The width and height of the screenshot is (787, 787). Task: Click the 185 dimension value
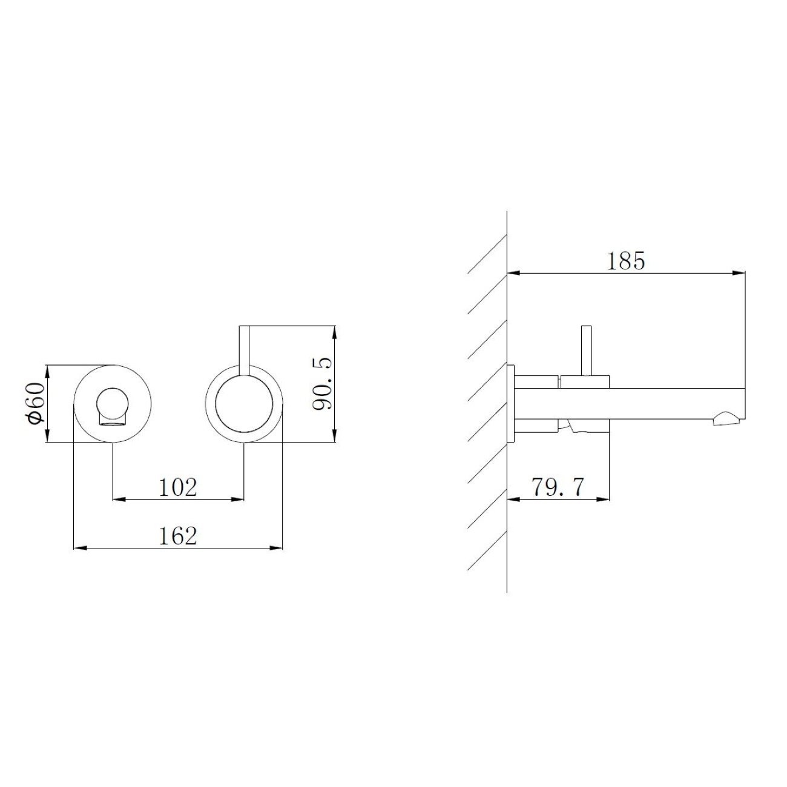tap(625, 262)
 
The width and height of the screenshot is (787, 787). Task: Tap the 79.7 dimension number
tap(558, 487)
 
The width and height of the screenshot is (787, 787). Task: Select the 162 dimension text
tap(177, 536)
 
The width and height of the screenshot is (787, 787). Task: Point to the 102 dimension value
tap(177, 487)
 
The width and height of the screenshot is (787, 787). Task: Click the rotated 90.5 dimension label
tap(323, 384)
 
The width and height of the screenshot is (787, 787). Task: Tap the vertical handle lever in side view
tap(586, 351)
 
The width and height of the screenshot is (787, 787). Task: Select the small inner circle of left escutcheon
tap(113, 403)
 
